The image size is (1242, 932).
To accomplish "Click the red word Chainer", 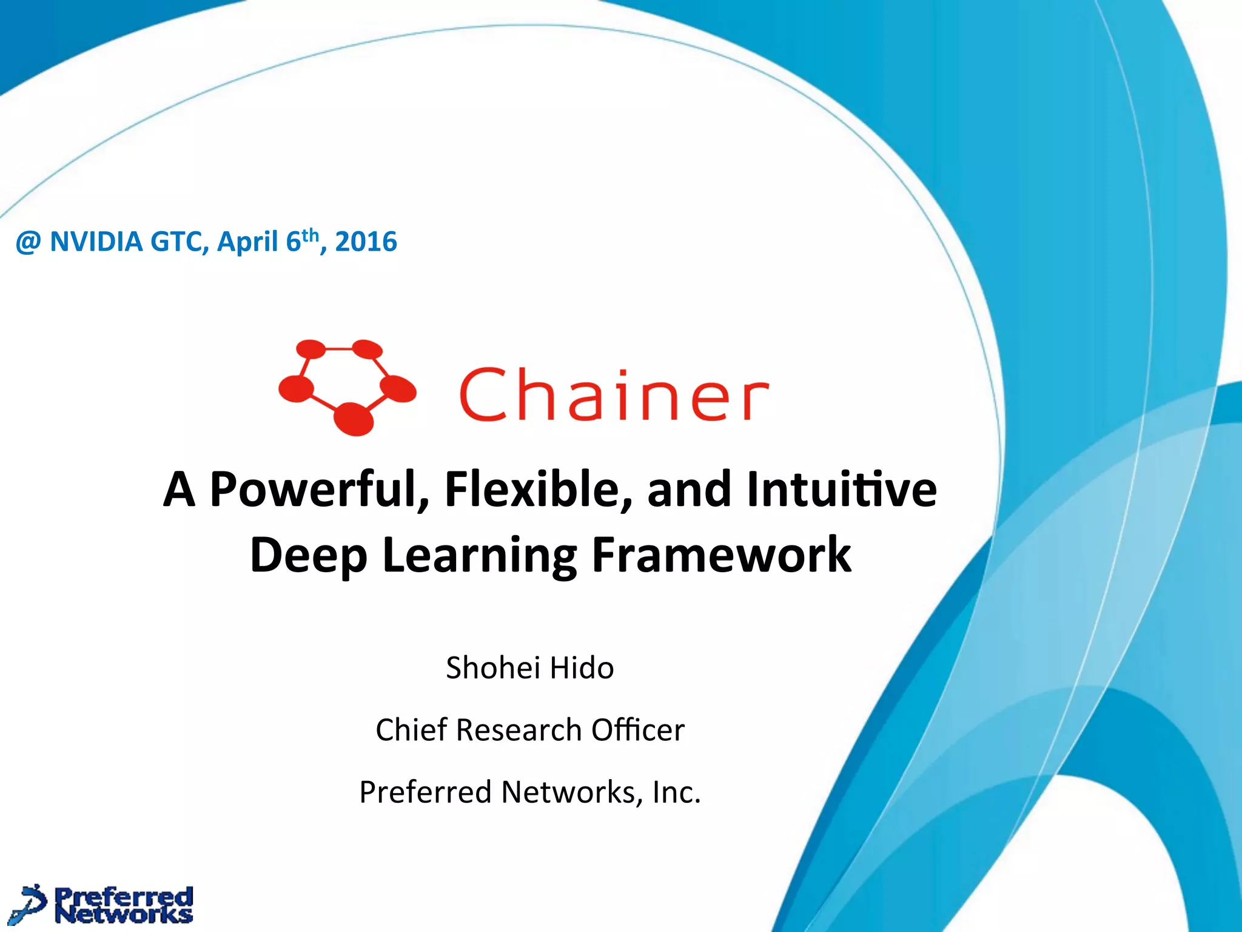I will tap(614, 394).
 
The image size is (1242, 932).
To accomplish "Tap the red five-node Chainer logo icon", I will tap(347, 387).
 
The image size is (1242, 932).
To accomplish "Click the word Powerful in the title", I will tap(319, 489).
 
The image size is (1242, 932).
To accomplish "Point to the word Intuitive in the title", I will tap(842, 489).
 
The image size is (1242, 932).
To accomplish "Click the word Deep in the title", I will tap(309, 555).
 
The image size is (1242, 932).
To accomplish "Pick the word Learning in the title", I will tap(480, 555).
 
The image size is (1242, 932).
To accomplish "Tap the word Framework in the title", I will tap(721, 555).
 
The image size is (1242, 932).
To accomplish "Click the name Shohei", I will tap(493, 668).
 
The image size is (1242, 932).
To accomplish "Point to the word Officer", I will tap(637, 730).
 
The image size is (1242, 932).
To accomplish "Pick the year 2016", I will tap(366, 242).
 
